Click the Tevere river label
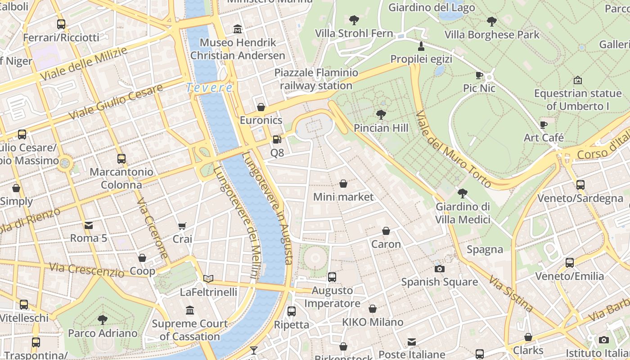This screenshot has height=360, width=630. pyautogui.click(x=210, y=87)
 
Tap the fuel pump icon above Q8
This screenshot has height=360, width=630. pyautogui.click(x=277, y=139)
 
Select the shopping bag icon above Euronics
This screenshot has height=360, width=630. pyautogui.click(x=261, y=107)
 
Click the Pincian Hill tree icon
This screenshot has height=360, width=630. pyautogui.click(x=381, y=115)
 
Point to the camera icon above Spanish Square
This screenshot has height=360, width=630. pyautogui.click(x=439, y=269)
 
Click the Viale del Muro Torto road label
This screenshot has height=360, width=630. pyautogui.click(x=453, y=149)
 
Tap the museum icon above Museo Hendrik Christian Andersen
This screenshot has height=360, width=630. pyautogui.click(x=238, y=30)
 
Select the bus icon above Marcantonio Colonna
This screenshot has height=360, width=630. pyautogui.click(x=121, y=158)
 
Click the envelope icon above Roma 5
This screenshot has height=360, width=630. pyautogui.click(x=89, y=225)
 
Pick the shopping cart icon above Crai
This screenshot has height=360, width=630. pyautogui.click(x=182, y=226)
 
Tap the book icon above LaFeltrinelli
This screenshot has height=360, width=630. pyautogui.click(x=208, y=279)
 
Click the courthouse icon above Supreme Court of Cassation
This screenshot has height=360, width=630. pyautogui.click(x=189, y=310)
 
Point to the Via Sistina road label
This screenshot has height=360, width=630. pyautogui.click(x=511, y=295)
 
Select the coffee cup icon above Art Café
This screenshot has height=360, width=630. pyautogui.click(x=544, y=125)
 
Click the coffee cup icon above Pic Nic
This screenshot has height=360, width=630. pyautogui.click(x=479, y=75)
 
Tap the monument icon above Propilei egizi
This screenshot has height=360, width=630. pyautogui.click(x=421, y=46)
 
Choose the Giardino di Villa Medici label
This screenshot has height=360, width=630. pyautogui.click(x=463, y=213)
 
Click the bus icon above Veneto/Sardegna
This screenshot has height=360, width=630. pyautogui.click(x=580, y=184)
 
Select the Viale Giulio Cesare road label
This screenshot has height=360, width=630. pyautogui.click(x=115, y=102)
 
